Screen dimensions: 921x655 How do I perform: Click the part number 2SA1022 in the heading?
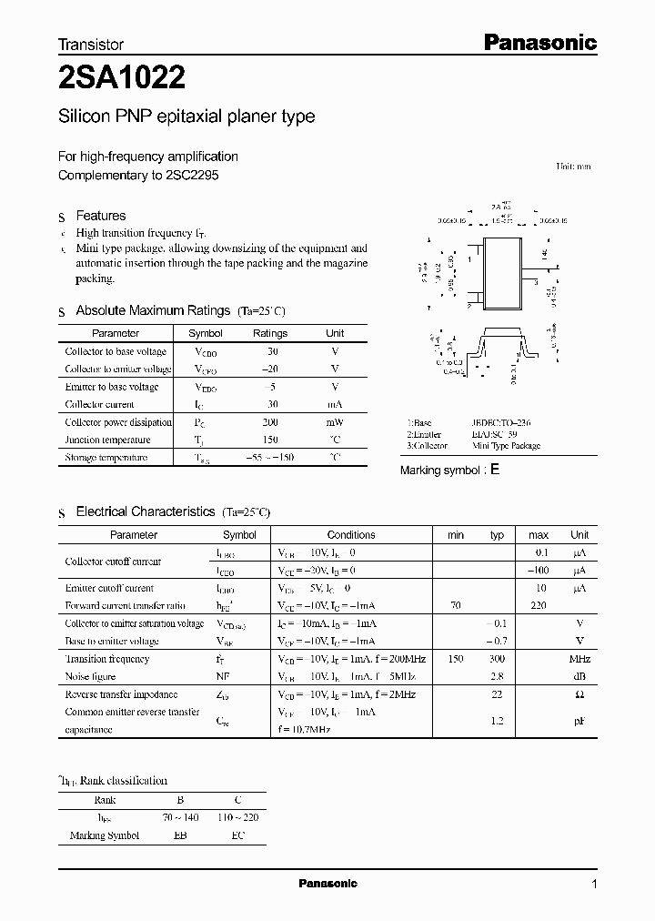[123, 79]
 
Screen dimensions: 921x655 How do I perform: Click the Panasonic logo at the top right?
[539, 42]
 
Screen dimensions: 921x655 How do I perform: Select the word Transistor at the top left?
[91, 44]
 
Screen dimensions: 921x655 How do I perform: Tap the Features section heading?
[100, 216]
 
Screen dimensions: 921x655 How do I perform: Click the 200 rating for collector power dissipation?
[269, 422]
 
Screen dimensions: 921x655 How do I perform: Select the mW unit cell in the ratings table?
[335, 422]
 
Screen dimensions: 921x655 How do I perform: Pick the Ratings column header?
[269, 333]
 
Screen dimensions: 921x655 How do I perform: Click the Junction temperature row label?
[107, 440]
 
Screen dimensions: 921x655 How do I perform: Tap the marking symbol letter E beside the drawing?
[495, 470]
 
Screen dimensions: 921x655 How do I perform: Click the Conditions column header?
[351, 535]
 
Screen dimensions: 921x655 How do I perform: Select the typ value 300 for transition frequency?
[497, 659]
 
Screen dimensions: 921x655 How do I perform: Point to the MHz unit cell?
[579, 659]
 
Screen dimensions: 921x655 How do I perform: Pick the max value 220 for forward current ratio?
[539, 605]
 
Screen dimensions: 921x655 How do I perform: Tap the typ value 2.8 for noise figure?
[497, 676]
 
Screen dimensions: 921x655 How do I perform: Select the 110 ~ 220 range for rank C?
[237, 818]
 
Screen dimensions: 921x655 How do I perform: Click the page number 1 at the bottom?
[594, 885]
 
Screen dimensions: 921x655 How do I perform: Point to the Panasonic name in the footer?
[328, 884]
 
